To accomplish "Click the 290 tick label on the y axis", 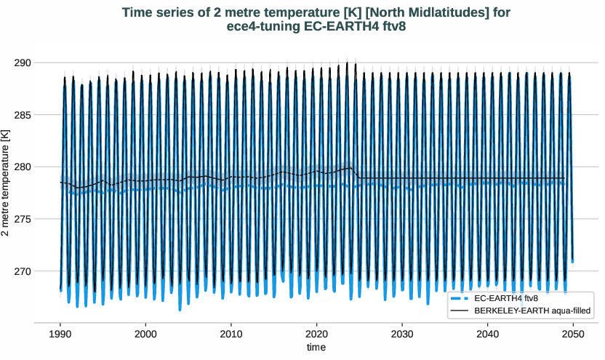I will [x=21, y=63].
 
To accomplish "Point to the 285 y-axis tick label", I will [x=21, y=115].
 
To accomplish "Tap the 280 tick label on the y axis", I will [x=21, y=167].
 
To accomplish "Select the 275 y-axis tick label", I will [x=21, y=219].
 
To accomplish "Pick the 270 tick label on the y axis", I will [x=21, y=271].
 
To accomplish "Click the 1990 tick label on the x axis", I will [x=60, y=333].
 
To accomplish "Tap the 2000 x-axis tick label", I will [x=145, y=333].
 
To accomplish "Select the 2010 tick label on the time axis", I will [x=231, y=333].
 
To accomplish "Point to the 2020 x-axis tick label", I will [x=316, y=333].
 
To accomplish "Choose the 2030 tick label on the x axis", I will [x=401, y=333].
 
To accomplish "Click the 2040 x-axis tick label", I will [x=487, y=333].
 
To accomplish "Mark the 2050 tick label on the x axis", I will [x=572, y=333].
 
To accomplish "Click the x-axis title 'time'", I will [x=316, y=348].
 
